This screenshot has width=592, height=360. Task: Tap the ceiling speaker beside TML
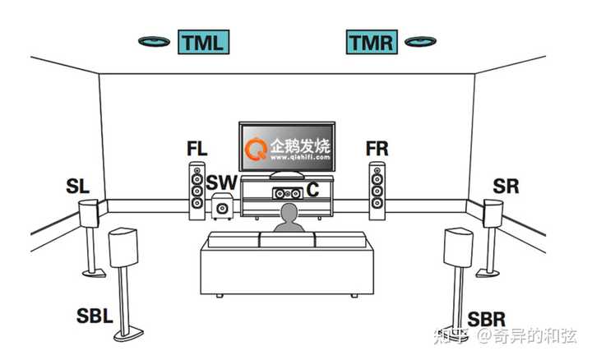pos(155,41)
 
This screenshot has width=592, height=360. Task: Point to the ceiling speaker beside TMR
pos(420,41)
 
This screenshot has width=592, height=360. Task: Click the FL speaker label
pos(197,150)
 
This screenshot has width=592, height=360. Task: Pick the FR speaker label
pos(377,150)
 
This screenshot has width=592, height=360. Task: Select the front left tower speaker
pos(197,192)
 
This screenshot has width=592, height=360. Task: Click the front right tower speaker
pos(377,192)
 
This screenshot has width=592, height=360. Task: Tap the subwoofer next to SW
pos(220,209)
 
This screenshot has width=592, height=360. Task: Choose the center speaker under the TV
pos(287,192)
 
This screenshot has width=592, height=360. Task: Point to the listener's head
pos(288,215)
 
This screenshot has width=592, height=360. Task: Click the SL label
pos(77,187)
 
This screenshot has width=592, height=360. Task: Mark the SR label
pos(506,186)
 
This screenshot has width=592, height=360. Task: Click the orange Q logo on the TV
pos(257,150)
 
